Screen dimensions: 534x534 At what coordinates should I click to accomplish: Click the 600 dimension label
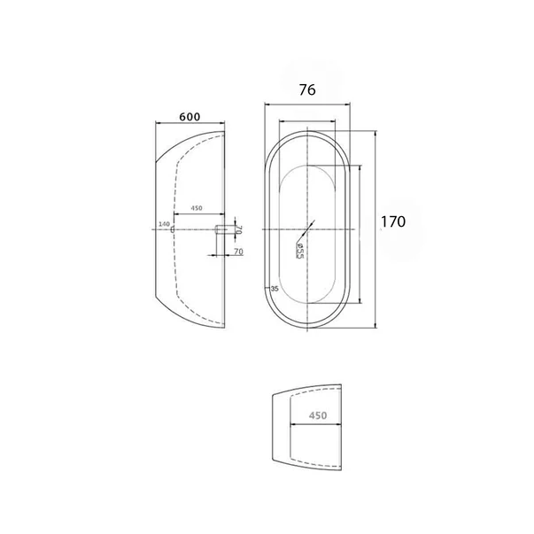[190, 117]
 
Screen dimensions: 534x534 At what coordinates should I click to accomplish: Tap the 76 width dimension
[307, 90]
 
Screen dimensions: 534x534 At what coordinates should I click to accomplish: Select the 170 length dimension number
[393, 221]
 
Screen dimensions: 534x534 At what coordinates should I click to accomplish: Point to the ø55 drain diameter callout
[299, 252]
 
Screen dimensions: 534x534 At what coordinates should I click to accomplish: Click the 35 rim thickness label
[275, 289]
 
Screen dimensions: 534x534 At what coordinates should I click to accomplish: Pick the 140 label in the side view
[164, 224]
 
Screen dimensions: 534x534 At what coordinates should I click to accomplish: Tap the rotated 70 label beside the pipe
[239, 229]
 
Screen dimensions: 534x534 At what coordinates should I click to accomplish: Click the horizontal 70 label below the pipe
[239, 252]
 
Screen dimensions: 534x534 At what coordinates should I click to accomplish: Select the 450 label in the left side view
[197, 208]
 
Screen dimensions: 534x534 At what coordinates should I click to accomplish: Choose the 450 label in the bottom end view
[318, 415]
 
